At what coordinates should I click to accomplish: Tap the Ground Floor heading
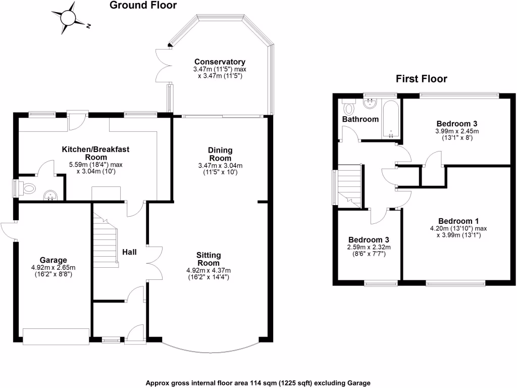click(x=143, y=6)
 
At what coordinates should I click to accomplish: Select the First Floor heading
click(x=422, y=79)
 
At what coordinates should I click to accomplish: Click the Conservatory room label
click(x=219, y=62)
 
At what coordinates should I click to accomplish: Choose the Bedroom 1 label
click(x=458, y=221)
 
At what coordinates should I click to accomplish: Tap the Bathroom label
click(x=360, y=119)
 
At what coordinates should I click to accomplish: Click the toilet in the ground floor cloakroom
click(x=29, y=188)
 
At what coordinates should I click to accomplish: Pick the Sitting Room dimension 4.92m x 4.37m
click(x=209, y=270)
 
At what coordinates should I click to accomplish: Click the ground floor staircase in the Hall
click(x=106, y=240)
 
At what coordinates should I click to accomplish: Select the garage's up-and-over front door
click(x=56, y=337)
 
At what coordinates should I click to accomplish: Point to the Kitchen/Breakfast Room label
click(x=95, y=153)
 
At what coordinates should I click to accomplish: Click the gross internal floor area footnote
click(x=258, y=382)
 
